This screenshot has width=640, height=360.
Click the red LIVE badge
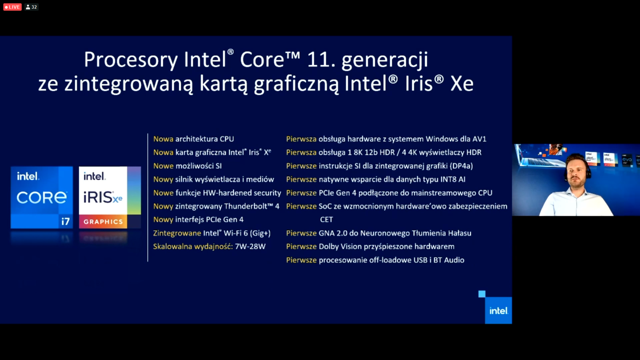12,7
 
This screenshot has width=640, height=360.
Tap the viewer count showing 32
32,7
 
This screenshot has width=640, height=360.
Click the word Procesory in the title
130,60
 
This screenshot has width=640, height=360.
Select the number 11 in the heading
318,60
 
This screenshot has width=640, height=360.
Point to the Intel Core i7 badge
42,197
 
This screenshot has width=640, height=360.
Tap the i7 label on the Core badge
65,221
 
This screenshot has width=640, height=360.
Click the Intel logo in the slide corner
498,310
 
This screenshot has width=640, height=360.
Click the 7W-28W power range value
250,246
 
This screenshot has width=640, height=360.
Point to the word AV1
479,139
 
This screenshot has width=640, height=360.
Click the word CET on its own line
326,219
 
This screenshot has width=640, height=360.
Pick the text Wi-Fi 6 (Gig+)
247,233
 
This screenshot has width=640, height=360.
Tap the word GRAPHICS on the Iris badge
103,222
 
